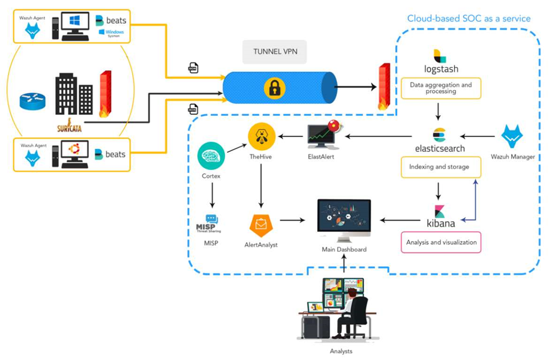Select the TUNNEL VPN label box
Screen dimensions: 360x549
(274, 52)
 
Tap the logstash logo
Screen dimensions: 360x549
(440, 56)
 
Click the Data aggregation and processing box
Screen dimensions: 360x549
(440, 88)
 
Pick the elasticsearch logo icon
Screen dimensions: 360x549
(440, 135)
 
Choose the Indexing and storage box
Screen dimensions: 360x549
(440, 167)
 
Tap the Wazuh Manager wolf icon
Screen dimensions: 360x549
(512, 138)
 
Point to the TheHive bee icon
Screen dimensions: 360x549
(262, 136)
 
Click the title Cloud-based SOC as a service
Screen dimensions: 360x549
(469, 18)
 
